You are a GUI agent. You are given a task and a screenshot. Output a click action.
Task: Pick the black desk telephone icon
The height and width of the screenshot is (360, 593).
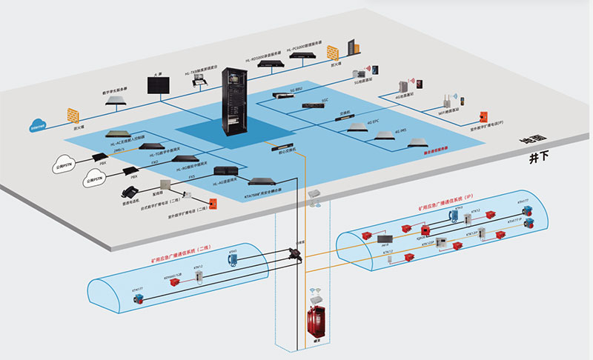(x=129, y=191)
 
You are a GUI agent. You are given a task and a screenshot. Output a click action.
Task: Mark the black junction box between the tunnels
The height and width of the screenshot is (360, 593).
(x=296, y=253)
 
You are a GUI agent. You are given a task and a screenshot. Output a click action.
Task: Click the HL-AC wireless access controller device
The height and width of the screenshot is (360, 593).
(x=119, y=135)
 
